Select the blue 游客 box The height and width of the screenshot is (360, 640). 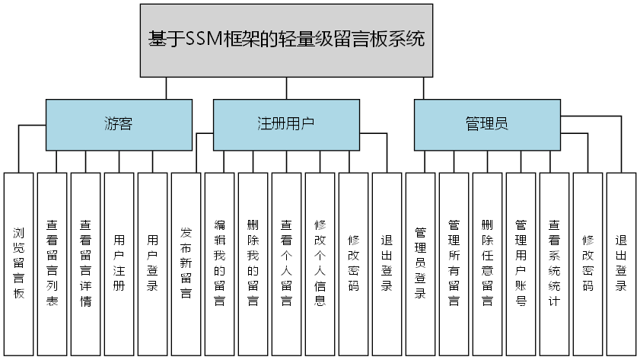(x=119, y=124)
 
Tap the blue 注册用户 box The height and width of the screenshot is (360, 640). (x=285, y=124)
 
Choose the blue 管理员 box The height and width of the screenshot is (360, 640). (x=486, y=124)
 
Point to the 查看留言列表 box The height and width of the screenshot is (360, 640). (x=52, y=263)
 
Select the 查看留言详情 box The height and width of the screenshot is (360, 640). (x=85, y=263)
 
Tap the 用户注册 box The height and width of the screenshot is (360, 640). (x=119, y=263)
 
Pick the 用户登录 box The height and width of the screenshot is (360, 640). (x=152, y=263)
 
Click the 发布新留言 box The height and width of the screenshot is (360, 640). (x=186, y=263)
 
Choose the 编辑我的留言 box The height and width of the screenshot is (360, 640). (x=219, y=263)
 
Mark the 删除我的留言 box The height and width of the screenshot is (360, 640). (x=253, y=263)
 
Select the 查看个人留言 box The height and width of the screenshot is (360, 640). (x=286, y=263)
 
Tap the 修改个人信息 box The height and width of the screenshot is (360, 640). (x=320, y=263)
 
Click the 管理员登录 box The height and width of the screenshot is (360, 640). (x=420, y=263)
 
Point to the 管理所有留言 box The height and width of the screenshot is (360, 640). (x=454, y=263)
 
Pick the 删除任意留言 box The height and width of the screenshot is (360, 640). (x=487, y=263)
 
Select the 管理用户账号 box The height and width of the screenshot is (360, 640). (x=521, y=263)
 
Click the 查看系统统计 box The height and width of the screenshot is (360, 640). (x=554, y=263)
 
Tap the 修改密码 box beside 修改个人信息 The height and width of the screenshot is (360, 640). (x=353, y=263)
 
